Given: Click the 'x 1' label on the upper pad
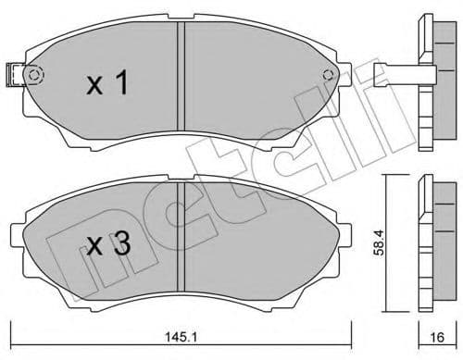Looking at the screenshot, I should [x=106, y=86].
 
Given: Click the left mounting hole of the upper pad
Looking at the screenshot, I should [x=36, y=76].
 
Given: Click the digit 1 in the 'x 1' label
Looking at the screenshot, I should [x=121, y=86].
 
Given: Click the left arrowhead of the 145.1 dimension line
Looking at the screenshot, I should [x=13, y=327].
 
